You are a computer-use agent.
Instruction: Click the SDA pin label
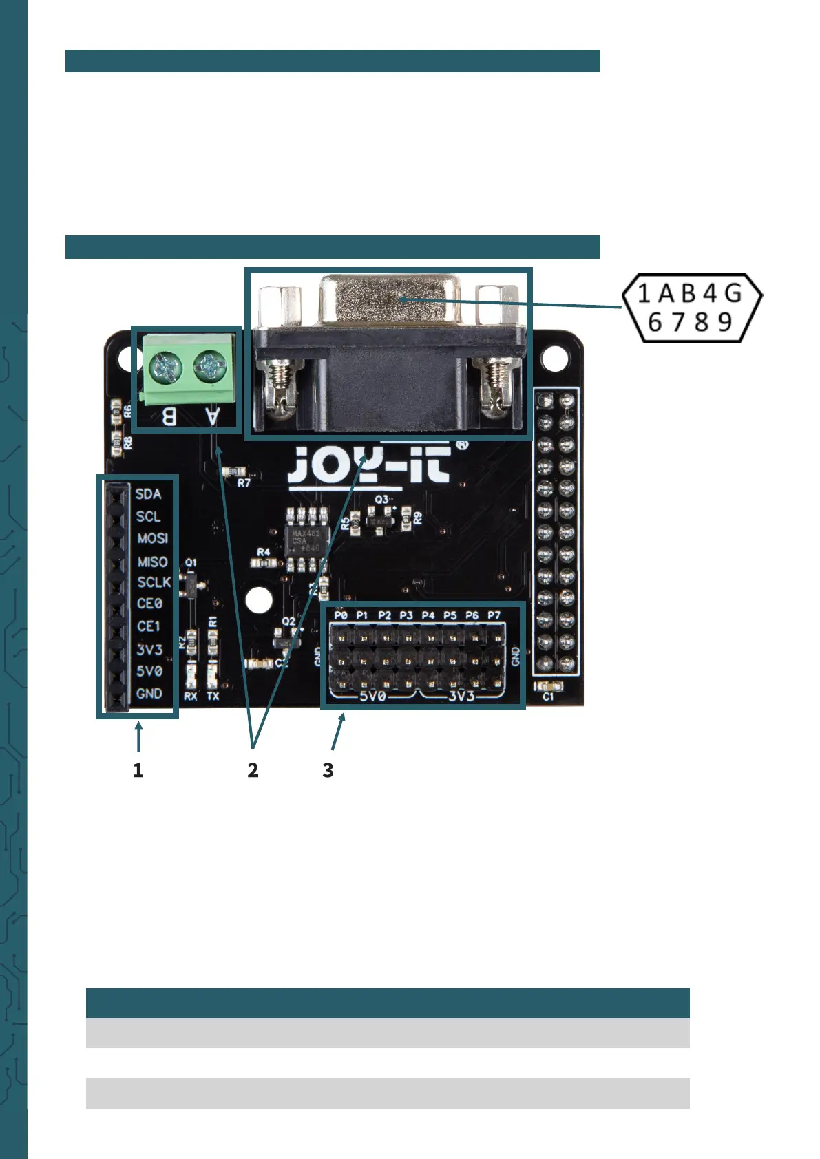coord(148,494)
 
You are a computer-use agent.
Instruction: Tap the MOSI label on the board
coord(152,538)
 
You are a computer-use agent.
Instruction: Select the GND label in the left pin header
coord(149,693)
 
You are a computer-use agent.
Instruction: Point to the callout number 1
coord(138,770)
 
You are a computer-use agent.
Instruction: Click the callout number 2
coord(253,770)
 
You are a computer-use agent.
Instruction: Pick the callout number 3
coord(328,770)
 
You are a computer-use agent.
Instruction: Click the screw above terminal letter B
coord(165,364)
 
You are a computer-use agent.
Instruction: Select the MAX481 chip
coord(306,541)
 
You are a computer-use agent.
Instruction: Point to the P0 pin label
coord(341,615)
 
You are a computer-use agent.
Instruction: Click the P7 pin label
coord(494,615)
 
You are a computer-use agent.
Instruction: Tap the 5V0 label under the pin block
coord(372,696)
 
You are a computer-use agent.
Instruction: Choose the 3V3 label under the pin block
coord(461,696)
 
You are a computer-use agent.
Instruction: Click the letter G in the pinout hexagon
coord(733,294)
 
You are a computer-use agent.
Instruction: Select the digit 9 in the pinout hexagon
coord(725,322)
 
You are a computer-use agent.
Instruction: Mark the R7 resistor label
coord(244,483)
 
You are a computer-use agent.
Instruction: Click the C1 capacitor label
coord(548,697)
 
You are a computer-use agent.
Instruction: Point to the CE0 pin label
coord(149,604)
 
